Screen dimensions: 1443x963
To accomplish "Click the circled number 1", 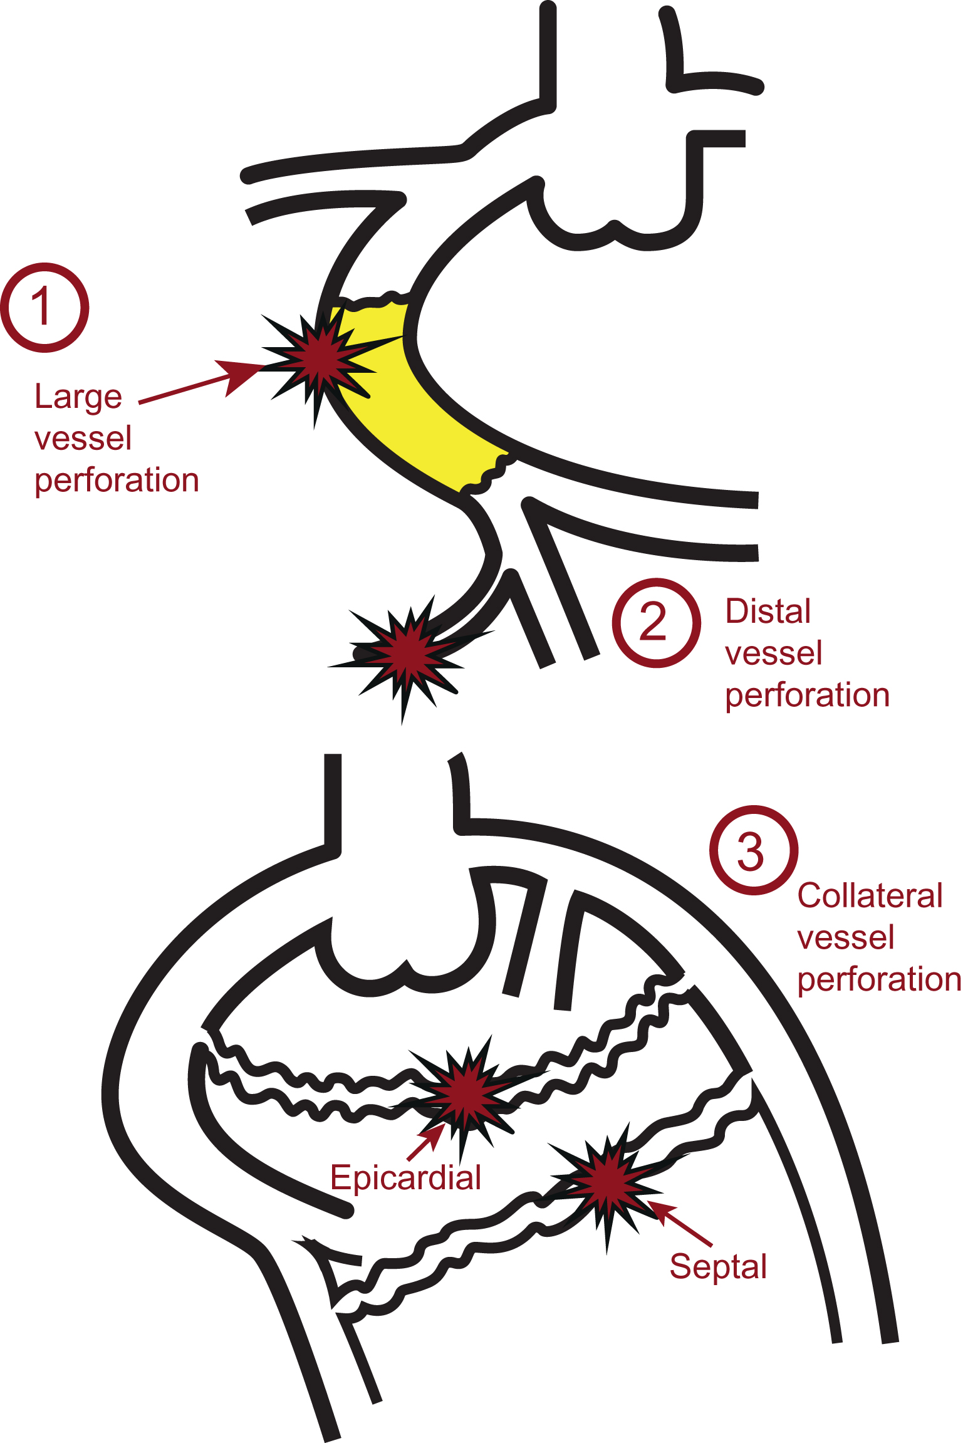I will point(44,307).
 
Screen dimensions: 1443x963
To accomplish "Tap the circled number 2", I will point(656,622).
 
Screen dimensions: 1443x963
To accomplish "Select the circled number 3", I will point(753,850).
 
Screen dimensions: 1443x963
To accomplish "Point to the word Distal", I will point(768,612).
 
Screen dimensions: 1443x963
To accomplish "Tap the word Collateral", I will point(870,895).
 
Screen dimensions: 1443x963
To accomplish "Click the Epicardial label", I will point(405,1177).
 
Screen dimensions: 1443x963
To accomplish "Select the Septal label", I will point(718,1266).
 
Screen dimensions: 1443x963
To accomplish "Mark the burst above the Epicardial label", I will point(467,1093).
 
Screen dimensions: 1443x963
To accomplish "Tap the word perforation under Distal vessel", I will point(807,695).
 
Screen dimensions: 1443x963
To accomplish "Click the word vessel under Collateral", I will point(845,938).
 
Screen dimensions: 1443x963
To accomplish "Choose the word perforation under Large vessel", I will point(117,481).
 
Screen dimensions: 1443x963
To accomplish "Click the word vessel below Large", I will point(83,439).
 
